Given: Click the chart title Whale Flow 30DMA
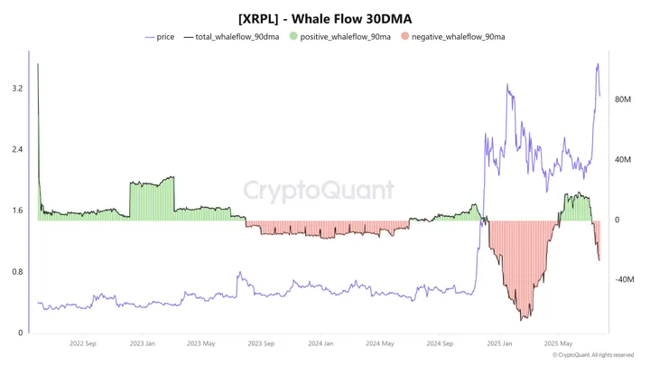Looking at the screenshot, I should coord(324,17).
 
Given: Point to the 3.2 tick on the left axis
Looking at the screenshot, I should coord(17,89).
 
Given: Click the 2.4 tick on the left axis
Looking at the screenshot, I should coord(17,150).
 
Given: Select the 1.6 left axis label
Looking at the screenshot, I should coord(17,211).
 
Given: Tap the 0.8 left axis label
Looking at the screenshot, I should coord(17,272).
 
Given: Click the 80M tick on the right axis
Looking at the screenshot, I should coord(623,99).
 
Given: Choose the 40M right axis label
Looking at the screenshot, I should coord(623,160).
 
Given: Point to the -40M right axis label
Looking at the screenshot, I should coord(623,280).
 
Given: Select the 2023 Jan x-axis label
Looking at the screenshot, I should coord(142,343).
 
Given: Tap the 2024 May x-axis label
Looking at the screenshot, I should coord(380,343).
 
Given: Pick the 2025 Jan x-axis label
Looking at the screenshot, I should coord(500,343).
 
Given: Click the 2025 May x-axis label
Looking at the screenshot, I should coord(559,343).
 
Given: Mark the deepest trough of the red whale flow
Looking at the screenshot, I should coord(523,319).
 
